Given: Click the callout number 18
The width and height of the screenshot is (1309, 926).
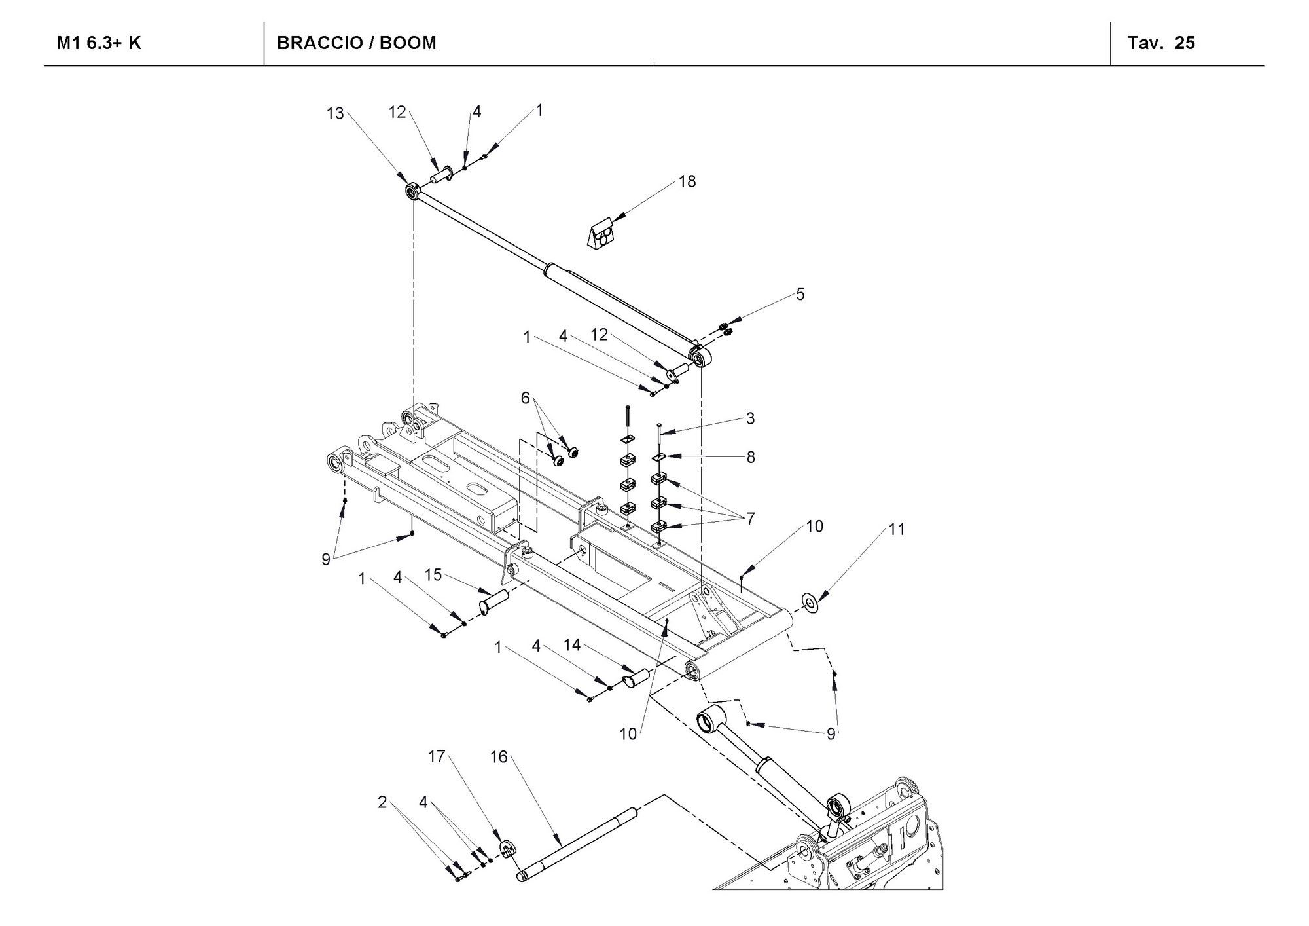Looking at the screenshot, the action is tap(687, 181).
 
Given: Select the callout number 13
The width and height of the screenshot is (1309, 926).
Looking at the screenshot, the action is tap(335, 114).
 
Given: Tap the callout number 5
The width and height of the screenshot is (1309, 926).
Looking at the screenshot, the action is tap(800, 295).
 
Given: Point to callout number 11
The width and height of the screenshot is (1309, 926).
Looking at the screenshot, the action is tap(897, 529).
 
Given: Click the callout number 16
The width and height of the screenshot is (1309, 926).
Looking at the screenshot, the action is tap(499, 757).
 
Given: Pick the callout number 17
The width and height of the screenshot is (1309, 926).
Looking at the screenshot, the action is tap(437, 757).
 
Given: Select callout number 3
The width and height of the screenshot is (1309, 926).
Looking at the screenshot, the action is tap(750, 418).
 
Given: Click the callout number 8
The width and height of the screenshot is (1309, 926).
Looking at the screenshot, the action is tap(751, 457).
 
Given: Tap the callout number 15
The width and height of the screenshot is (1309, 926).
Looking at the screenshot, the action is tap(433, 575).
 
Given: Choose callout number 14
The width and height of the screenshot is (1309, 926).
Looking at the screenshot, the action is tap(572, 646).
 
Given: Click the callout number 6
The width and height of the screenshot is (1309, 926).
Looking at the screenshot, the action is tap(525, 398).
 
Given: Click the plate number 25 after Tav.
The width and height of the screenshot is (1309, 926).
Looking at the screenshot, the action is tap(1185, 43).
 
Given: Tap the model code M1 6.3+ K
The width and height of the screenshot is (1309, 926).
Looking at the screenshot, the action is tap(99, 43).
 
